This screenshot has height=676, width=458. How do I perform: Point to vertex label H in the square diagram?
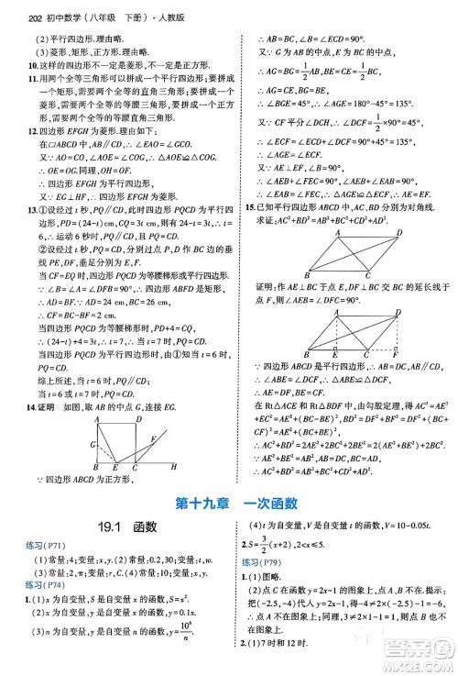point(174,465)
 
